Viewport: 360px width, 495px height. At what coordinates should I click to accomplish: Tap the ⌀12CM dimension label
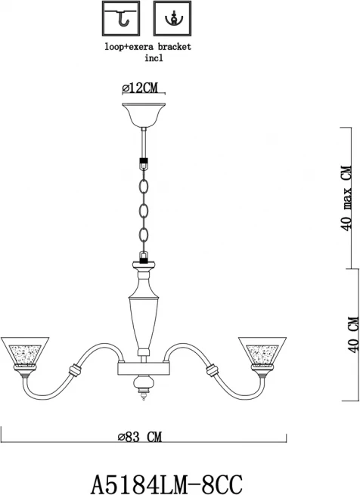pos(140,88)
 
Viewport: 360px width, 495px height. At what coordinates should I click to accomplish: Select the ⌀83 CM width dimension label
pos(139,437)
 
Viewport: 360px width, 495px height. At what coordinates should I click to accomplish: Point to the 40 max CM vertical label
pos(347,198)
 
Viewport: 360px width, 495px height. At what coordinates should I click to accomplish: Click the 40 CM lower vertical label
pos(353,334)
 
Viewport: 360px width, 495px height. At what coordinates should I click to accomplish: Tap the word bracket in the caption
pos(175,47)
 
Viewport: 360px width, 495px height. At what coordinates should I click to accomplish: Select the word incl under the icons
pos(154,58)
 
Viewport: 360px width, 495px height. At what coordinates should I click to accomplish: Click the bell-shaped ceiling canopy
pos(144,115)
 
